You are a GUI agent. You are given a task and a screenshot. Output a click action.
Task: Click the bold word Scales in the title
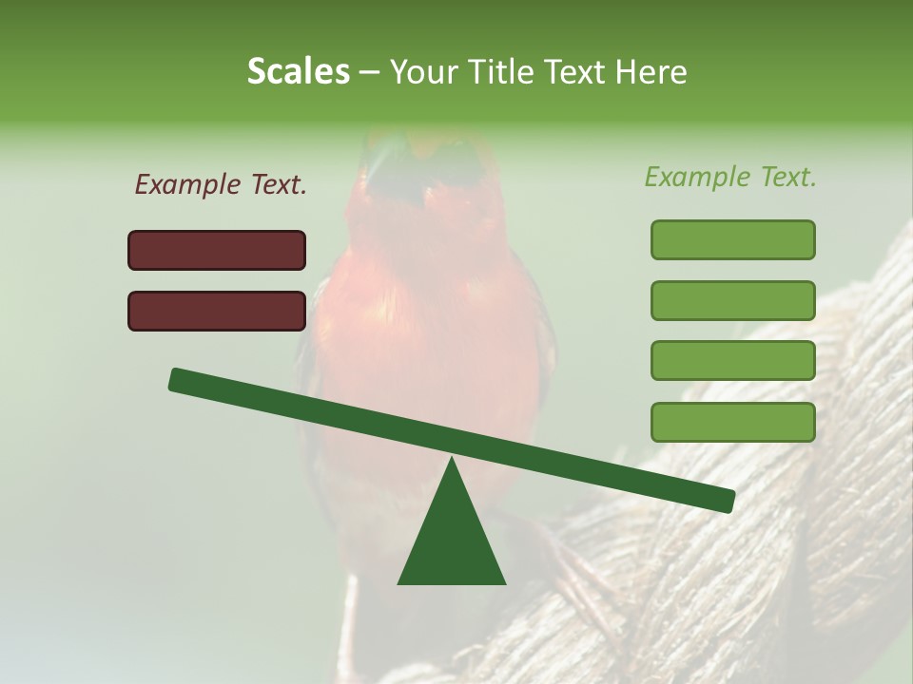tap(299, 71)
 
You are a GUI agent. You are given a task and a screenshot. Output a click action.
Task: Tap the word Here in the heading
tap(651, 71)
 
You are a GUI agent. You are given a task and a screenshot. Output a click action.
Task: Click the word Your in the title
tap(422, 71)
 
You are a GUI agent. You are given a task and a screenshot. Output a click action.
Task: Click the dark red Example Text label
tap(221, 185)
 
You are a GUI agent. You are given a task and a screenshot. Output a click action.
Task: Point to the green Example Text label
tap(730, 177)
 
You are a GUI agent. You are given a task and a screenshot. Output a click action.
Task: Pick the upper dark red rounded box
tap(217, 250)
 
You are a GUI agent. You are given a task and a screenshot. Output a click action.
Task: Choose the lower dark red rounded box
tap(217, 311)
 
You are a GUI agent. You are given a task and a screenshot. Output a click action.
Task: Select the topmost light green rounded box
tap(732, 239)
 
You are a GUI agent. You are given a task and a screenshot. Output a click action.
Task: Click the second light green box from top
tap(732, 300)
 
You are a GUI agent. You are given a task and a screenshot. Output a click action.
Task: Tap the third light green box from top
tap(732, 361)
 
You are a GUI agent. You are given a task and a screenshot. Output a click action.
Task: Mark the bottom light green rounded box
tap(732, 422)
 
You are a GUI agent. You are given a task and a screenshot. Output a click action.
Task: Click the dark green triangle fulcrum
tap(452, 541)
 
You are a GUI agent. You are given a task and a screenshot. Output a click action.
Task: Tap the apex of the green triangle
tap(452, 460)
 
